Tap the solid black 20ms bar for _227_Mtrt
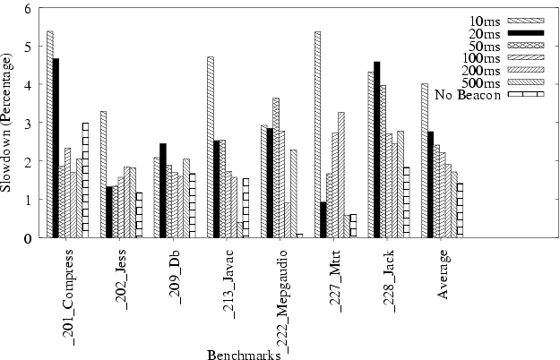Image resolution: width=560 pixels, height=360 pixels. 323,219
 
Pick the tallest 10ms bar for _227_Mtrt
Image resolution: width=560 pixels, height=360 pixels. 317,134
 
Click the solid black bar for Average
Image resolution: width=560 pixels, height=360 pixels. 431,184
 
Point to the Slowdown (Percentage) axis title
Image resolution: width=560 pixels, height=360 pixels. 9,124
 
